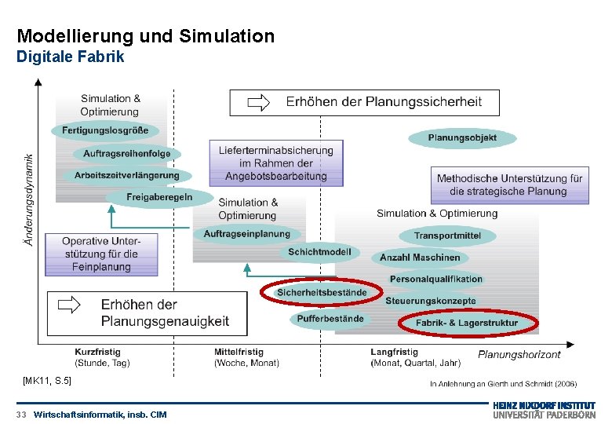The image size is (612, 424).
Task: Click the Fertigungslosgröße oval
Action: coord(105,130)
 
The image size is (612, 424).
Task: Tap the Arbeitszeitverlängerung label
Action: coord(126,175)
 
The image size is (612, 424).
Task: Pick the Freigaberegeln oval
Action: coord(159,196)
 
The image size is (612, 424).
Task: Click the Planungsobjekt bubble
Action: coord(462,138)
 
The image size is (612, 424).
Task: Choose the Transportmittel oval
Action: coord(447,236)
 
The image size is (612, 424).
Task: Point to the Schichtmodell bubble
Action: coord(319,253)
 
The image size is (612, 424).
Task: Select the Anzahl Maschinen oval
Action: coord(420,258)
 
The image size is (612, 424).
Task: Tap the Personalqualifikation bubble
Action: coord(436,279)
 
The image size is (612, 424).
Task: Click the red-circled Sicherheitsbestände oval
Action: coord(322,292)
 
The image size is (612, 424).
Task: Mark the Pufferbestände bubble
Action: coord(330,319)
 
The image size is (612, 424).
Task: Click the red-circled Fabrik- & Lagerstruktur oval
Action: coord(467,323)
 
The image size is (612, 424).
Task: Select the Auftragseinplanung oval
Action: coord(246,234)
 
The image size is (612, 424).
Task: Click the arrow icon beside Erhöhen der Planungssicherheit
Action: coord(258,102)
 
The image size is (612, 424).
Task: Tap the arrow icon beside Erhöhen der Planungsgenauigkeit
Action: coord(69,305)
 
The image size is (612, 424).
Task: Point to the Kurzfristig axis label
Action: coord(98,353)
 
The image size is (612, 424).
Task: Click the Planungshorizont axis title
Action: coord(519,355)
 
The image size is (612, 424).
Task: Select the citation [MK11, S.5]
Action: coord(47,381)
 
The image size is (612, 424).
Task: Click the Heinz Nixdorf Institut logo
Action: coord(544,411)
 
